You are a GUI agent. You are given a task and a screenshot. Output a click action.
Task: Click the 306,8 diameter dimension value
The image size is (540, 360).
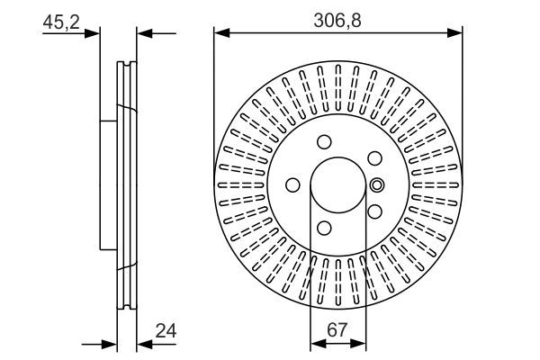[337, 18]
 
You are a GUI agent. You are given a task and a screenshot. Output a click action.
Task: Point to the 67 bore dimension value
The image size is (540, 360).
[338, 330]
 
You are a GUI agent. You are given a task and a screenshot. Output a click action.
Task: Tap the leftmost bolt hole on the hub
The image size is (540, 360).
[292, 185]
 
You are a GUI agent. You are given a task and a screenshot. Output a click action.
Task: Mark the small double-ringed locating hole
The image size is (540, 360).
[377, 185]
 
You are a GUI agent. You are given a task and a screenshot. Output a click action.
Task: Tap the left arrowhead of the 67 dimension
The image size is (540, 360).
[315, 344]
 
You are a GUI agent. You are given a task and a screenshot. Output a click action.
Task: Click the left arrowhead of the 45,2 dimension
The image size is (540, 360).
[94, 33]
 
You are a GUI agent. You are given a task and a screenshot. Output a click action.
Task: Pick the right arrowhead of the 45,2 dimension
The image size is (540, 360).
[142, 33]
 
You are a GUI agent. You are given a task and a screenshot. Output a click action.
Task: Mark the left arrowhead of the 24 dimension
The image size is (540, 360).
[112, 344]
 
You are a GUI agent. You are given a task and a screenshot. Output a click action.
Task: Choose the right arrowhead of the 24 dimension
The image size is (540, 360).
[142, 344]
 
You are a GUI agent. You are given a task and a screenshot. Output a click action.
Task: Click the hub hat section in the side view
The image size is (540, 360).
[109, 185]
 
